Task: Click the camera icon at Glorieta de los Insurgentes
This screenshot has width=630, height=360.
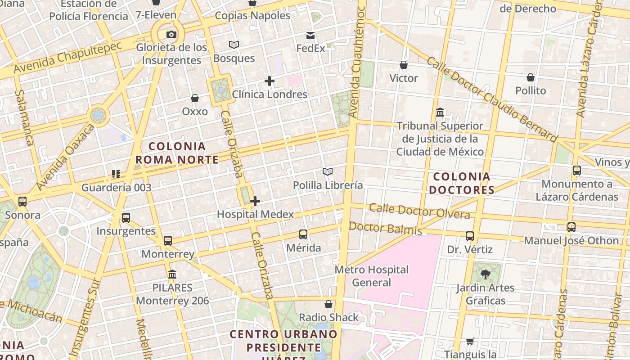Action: coord(171,34)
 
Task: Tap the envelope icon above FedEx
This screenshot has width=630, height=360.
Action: coord(310,35)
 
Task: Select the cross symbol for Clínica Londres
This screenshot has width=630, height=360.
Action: coord(270,81)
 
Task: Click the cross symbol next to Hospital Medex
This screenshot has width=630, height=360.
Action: coord(255,201)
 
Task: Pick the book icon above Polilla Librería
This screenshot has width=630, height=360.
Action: coord(328,171)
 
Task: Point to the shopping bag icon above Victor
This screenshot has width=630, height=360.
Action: coord(404,65)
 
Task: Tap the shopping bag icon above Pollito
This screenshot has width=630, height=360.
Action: coord(531,77)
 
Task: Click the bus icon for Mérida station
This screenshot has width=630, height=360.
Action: coord(303,234)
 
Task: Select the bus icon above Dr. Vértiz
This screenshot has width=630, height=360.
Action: coord(470,236)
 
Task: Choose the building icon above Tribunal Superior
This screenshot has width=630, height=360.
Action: coord(440,112)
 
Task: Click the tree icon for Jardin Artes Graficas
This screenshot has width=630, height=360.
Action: coord(485,274)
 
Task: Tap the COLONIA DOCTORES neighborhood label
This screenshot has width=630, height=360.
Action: coord(461,183)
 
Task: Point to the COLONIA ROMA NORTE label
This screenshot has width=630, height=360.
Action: coord(177,153)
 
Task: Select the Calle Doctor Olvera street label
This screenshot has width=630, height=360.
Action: coord(419,211)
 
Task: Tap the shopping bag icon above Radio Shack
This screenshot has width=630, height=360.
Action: coord(328,304)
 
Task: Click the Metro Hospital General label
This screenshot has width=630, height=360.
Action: coord(371,276)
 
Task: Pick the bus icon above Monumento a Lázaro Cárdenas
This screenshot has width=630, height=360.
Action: coord(577,171)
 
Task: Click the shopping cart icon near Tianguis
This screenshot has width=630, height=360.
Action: coord(470,342)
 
